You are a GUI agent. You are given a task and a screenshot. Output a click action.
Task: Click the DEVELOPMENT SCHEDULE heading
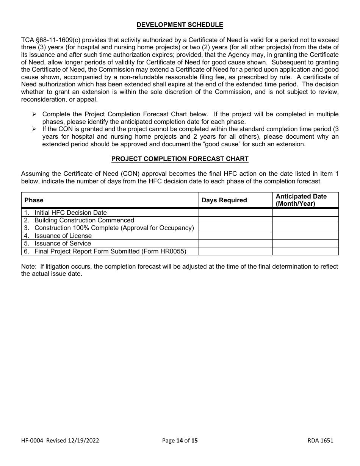[180, 25]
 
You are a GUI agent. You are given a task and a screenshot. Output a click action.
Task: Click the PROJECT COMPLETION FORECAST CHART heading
[180, 159]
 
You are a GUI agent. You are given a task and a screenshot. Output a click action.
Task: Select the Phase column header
[34, 200]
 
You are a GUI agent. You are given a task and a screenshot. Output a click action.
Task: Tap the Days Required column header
[224, 200]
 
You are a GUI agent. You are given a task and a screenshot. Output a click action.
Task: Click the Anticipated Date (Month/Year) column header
[301, 200]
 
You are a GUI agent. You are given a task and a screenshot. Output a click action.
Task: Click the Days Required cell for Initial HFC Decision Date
[235, 213]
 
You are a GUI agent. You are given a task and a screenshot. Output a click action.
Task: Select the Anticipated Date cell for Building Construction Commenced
[305, 220]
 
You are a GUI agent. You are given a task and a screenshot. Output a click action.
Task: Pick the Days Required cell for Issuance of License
[235, 236]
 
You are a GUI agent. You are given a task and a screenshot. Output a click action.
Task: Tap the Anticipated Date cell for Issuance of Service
[305, 244]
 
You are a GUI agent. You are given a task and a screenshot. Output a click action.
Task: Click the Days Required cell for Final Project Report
[235, 251]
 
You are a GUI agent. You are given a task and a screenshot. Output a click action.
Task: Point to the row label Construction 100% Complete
[114, 228]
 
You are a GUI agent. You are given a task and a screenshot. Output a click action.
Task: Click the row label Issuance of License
[63, 236]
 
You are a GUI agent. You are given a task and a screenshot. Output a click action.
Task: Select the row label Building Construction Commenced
[84, 220]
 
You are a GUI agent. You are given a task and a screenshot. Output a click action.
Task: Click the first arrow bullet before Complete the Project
[34, 114]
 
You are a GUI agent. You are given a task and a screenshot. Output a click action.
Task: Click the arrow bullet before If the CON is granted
[34, 129]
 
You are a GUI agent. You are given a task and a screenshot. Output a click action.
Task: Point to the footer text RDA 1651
[321, 440]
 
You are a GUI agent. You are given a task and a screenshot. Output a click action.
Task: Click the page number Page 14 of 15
[180, 440]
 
